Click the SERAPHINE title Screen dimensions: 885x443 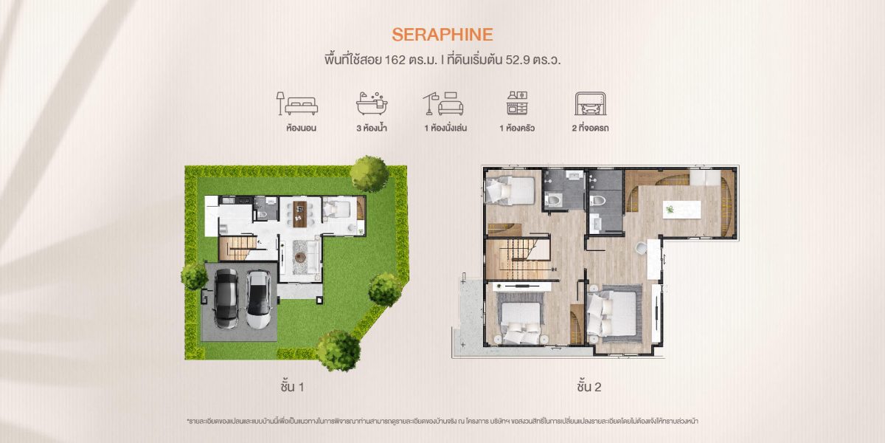442,35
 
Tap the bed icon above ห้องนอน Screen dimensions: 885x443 297,103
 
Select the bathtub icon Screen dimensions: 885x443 372,103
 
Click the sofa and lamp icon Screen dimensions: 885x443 443,103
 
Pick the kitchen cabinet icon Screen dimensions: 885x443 517,103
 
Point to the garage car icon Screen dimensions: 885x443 590,103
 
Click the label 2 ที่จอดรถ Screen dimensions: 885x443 590,128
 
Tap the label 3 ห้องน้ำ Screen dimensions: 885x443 372,128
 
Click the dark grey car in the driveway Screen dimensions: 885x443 226,298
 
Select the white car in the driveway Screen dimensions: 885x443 259,300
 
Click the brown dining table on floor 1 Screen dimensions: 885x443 300,214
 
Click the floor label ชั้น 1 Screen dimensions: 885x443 292,386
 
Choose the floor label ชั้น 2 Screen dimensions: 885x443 589,386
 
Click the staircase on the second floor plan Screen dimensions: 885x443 518,258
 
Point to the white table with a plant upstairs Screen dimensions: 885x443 682,209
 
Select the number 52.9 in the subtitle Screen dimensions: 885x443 518,60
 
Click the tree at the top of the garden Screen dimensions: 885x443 369,174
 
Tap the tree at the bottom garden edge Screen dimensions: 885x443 339,351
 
